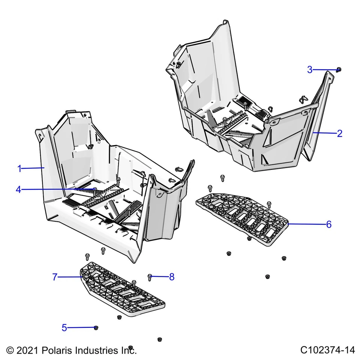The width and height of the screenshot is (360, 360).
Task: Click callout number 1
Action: [x=19, y=169]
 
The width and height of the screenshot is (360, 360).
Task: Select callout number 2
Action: [x=339, y=133]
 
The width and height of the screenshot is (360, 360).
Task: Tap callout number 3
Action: [x=310, y=70]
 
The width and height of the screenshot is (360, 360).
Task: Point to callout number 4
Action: [x=18, y=190]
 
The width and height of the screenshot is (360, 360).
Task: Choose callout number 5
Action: [x=64, y=328]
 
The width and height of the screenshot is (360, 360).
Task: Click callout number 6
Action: [x=328, y=224]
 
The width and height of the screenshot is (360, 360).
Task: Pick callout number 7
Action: [x=55, y=277]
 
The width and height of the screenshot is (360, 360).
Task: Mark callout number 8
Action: [x=172, y=277]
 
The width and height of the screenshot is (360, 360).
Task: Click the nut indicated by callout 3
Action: [x=338, y=69]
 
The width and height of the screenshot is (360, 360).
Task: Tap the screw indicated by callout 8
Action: [x=150, y=277]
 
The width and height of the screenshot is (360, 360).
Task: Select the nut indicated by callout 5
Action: [x=96, y=328]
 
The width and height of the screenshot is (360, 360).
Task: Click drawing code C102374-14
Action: [x=327, y=350]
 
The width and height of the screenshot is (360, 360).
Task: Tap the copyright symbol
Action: [x=10, y=351]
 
